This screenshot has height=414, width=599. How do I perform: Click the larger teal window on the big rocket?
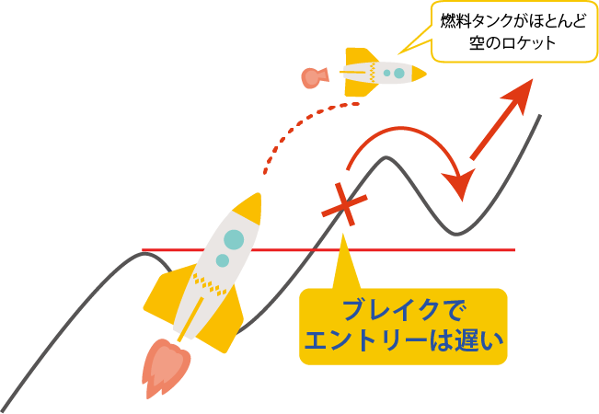(234, 239)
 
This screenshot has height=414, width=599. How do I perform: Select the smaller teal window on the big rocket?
(223, 261)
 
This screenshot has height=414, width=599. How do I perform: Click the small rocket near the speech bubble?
(381, 72)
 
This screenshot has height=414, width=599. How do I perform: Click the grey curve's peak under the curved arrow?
(390, 159)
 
